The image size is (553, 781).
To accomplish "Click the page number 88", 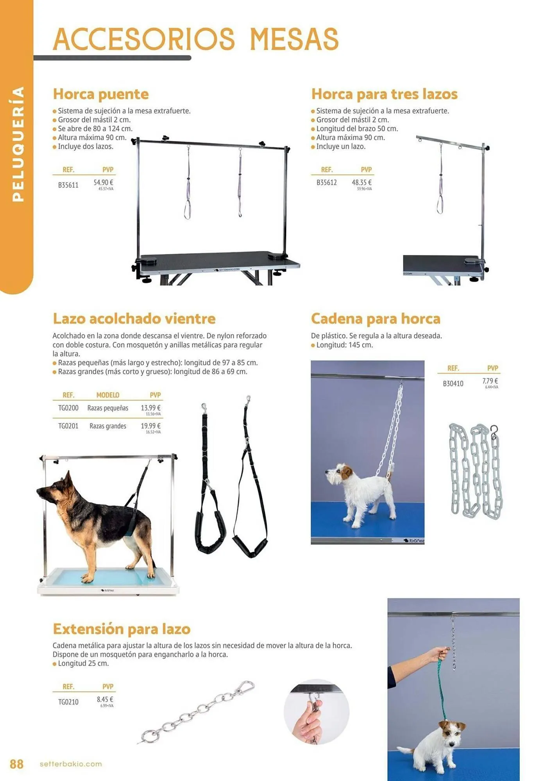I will (16, 764).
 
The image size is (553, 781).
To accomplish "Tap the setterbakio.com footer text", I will (71, 764).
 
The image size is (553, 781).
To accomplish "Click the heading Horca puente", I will (101, 94).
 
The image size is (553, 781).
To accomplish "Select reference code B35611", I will (68, 185).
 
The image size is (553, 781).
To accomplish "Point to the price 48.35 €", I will (362, 182).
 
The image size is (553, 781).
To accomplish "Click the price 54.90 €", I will (103, 182).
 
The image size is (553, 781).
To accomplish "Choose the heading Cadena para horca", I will (376, 319).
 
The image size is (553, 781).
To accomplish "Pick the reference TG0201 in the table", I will (68, 426).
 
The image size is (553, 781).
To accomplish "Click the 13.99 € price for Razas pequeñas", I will (150, 408).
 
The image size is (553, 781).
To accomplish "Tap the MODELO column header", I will (108, 395).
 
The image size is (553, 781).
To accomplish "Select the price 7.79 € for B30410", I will (490, 381).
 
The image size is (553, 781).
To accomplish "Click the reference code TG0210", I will (68, 702).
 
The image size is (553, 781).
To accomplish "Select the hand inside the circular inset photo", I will (309, 725).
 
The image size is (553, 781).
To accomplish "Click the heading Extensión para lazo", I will (122, 629).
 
